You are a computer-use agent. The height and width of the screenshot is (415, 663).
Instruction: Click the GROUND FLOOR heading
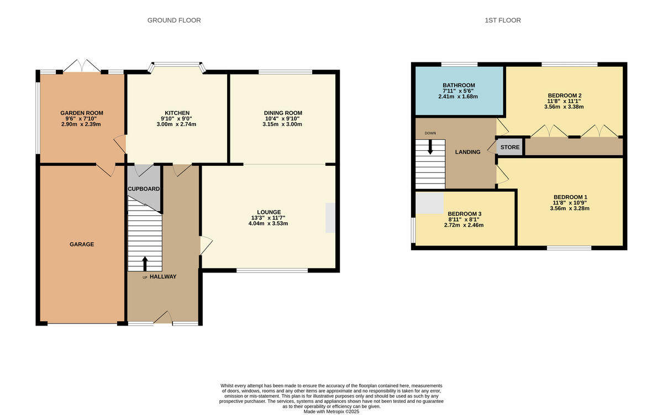click(x=174, y=20)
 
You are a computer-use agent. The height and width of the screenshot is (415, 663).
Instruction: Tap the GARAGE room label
click(x=82, y=244)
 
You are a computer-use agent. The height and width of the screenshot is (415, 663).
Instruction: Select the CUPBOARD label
click(x=144, y=189)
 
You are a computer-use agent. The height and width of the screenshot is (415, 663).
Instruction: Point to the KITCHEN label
click(x=177, y=113)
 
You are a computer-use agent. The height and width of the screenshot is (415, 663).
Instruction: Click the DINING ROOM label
click(x=283, y=113)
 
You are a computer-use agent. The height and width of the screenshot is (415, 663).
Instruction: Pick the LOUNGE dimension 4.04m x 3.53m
click(x=269, y=224)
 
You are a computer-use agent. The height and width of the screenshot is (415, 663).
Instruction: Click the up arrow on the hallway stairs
click(x=145, y=263)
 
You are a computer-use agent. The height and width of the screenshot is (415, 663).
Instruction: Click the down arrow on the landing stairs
click(x=430, y=147)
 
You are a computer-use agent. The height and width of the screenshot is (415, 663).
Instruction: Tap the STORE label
click(x=510, y=148)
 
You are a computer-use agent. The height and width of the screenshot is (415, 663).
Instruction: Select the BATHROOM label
click(x=459, y=85)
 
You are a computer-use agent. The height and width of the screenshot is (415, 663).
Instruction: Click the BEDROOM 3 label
click(x=465, y=214)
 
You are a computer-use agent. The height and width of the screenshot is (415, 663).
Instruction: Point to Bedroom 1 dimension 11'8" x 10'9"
click(x=570, y=203)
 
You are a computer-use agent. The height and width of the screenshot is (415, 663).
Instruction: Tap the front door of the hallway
click(x=162, y=317)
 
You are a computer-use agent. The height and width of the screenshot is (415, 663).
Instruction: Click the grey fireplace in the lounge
click(x=330, y=218)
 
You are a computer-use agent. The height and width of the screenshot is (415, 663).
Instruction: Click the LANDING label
click(x=467, y=152)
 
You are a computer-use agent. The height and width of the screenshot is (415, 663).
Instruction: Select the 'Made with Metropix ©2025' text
click(x=331, y=411)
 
